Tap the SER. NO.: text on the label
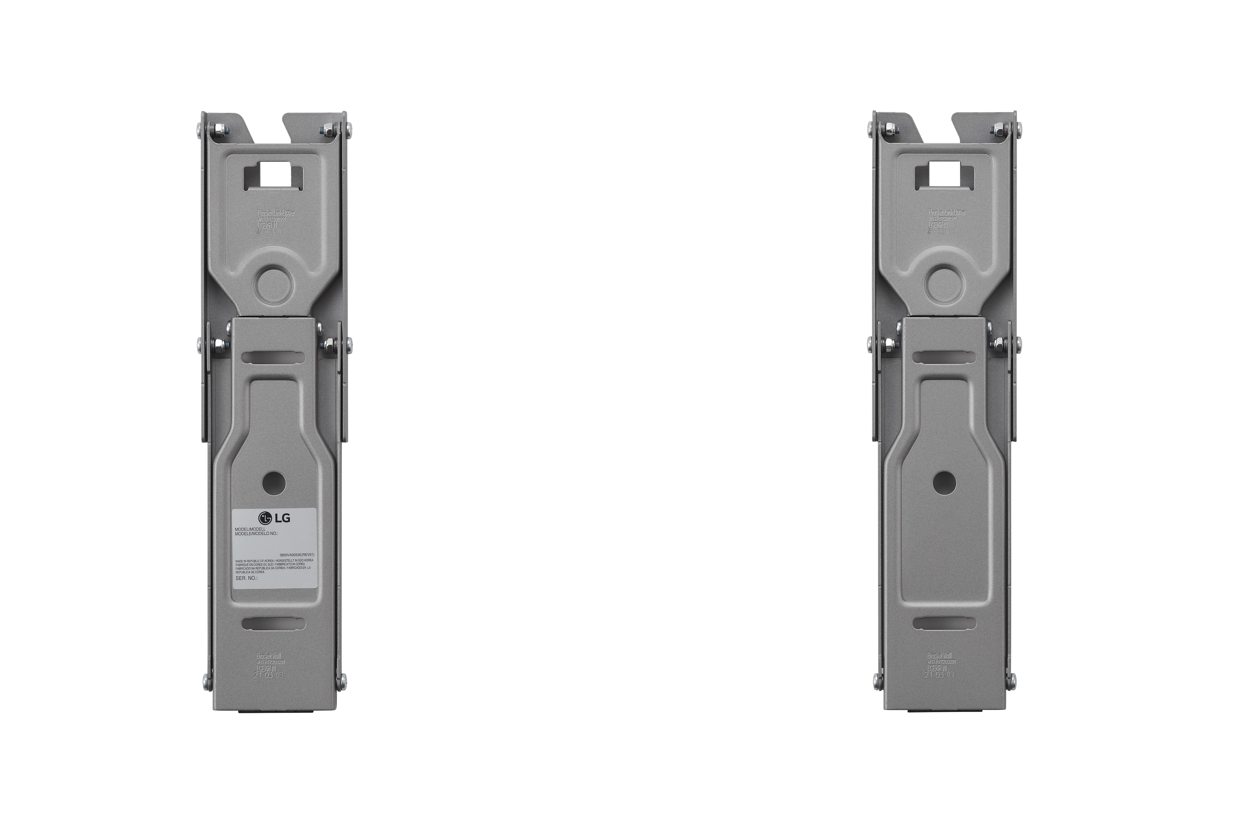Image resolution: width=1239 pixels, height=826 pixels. (247, 578)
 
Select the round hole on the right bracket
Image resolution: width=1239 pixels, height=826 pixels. (943, 481)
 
